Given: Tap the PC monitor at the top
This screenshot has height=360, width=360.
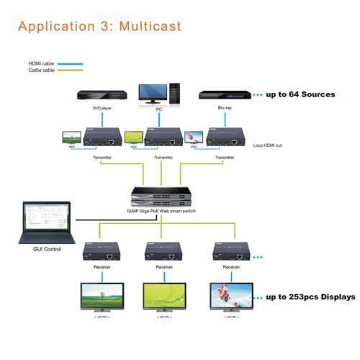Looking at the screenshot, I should (158, 93).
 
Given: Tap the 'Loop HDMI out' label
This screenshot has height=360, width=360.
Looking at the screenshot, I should (269, 145).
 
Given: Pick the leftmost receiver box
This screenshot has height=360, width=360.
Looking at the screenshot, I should (102, 251).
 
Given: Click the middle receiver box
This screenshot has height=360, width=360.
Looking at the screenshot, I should (163, 251).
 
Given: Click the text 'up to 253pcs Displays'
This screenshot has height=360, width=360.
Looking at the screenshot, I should (310, 297).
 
